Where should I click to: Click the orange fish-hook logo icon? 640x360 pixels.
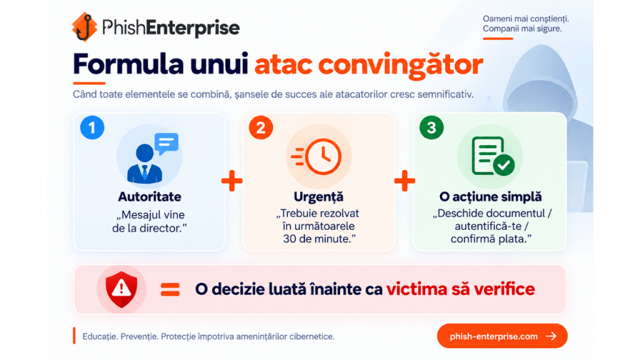84,27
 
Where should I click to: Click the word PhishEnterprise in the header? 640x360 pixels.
171,27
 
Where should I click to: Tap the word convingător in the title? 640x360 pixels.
401,64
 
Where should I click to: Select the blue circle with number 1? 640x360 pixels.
92,127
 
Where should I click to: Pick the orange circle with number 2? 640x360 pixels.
261,127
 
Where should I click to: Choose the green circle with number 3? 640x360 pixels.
431,127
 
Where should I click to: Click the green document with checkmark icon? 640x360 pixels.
492,156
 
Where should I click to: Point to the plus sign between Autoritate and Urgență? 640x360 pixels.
232,181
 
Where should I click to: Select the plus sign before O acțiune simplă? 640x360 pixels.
404,181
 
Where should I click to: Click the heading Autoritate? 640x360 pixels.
149,197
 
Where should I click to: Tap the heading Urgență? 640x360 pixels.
318,197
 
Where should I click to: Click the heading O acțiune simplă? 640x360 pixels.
491,197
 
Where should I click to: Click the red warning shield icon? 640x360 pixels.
121,289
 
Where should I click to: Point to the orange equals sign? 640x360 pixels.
170,289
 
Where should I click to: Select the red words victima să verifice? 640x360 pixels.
461,289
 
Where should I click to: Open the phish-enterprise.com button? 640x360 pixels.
502,336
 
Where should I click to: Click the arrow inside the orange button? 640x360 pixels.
551,336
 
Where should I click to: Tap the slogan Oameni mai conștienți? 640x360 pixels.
526,19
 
